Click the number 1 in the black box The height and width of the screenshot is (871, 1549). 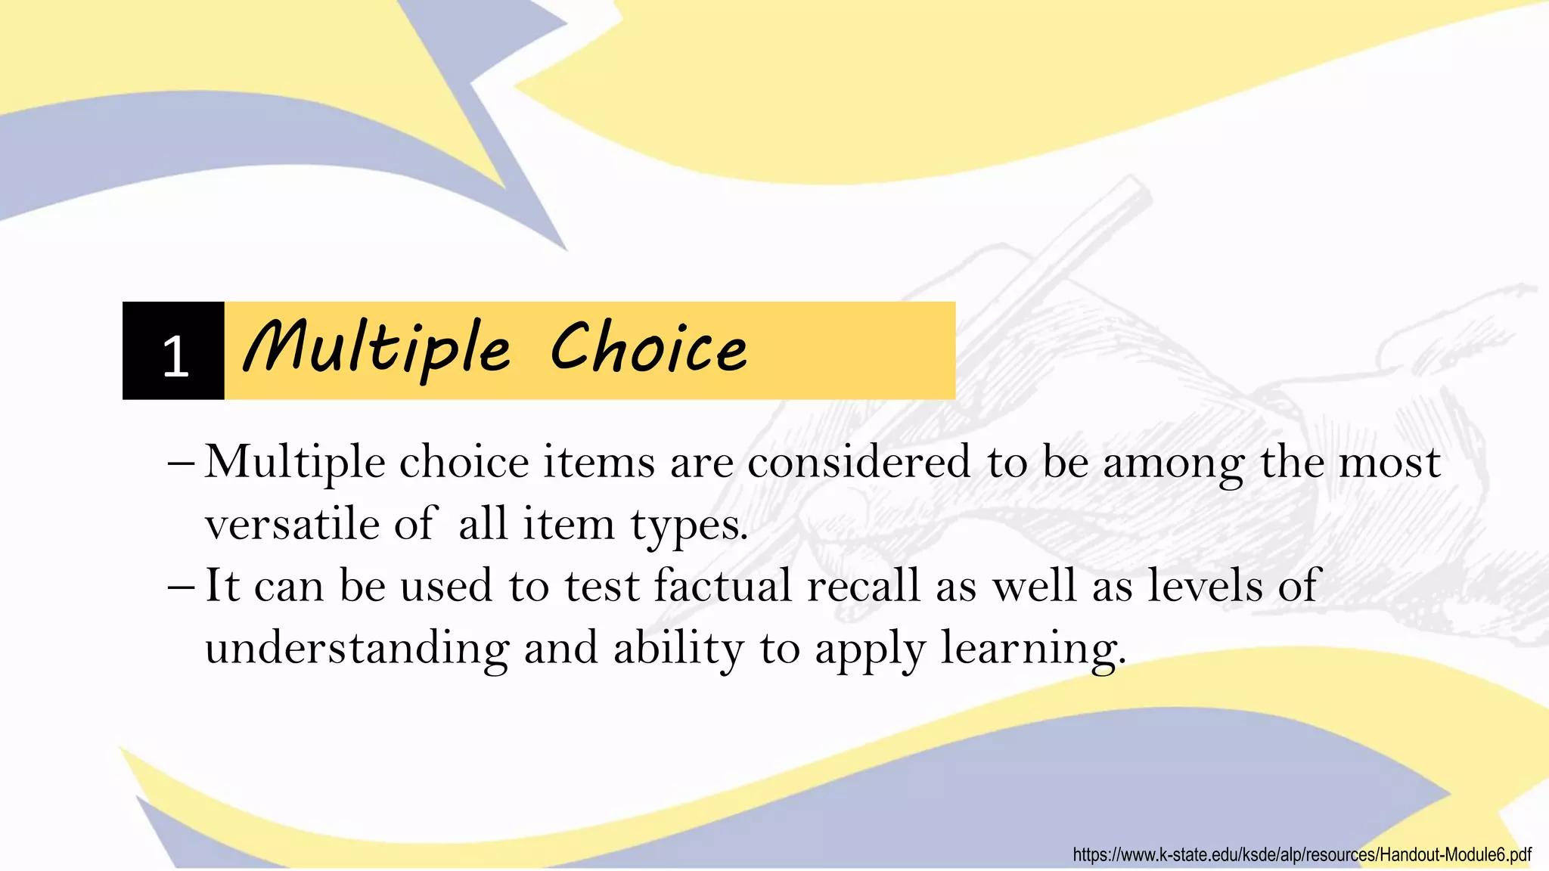175,356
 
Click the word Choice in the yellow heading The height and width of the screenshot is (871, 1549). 649,349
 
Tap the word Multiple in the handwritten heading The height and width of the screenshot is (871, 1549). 377,349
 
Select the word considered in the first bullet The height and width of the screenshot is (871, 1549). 858,462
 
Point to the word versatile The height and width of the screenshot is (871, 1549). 291,524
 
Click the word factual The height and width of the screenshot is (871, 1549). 723,585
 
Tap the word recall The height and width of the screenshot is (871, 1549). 864,585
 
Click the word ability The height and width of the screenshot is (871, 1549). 678,649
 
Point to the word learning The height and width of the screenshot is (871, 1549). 1032,649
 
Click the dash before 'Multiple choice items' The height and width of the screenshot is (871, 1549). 182,463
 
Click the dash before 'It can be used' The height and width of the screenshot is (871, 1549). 182,587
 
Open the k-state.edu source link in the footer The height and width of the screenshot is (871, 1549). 1302,855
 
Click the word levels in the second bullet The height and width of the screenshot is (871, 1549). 1205,585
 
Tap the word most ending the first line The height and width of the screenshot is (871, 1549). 1389,462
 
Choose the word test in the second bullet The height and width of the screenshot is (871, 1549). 602,587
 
